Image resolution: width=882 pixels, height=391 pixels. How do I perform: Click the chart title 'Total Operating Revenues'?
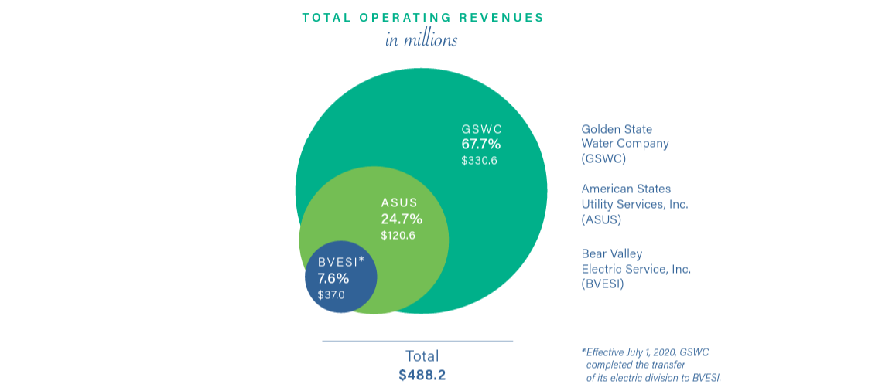coord(422,17)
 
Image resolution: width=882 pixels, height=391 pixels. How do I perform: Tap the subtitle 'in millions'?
coord(421,39)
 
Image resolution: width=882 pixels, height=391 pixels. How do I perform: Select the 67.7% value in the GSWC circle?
coord(481,144)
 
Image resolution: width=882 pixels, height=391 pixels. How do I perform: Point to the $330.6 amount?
coord(479,161)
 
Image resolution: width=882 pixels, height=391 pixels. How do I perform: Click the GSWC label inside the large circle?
coord(482,129)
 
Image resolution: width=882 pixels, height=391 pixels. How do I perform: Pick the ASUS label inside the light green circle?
coord(399,202)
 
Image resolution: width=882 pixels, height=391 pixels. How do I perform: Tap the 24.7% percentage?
coord(402,219)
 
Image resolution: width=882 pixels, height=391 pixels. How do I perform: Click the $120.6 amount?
coord(398,235)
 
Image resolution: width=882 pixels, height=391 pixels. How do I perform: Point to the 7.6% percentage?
coord(333,278)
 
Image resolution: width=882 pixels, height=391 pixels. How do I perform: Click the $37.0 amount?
coord(331,294)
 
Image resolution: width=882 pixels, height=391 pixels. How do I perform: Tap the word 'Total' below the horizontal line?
coord(422,356)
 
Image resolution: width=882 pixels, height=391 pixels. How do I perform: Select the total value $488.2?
coord(422,375)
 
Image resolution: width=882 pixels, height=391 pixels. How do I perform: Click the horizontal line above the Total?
coord(417,341)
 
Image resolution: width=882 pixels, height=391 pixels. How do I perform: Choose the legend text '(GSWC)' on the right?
coord(603,158)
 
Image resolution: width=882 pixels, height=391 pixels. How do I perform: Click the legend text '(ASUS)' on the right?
coord(601,219)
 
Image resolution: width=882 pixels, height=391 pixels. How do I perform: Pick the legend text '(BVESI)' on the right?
coord(603,284)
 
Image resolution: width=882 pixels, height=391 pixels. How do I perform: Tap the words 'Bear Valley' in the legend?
coord(612,253)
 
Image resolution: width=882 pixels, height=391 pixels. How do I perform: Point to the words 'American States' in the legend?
coord(626,189)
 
